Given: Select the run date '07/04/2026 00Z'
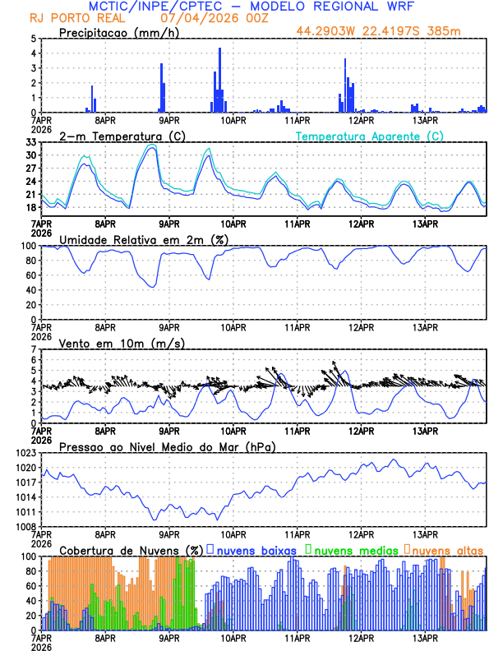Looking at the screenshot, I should [x=207, y=18].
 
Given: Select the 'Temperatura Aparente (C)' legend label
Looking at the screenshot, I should [x=370, y=136].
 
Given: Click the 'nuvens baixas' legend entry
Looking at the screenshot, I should [x=251, y=550].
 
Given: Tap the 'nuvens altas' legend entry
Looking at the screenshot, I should [x=447, y=550].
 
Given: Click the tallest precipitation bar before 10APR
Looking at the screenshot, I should [x=219, y=81].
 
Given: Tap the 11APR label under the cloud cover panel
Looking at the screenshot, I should [x=296, y=638].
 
